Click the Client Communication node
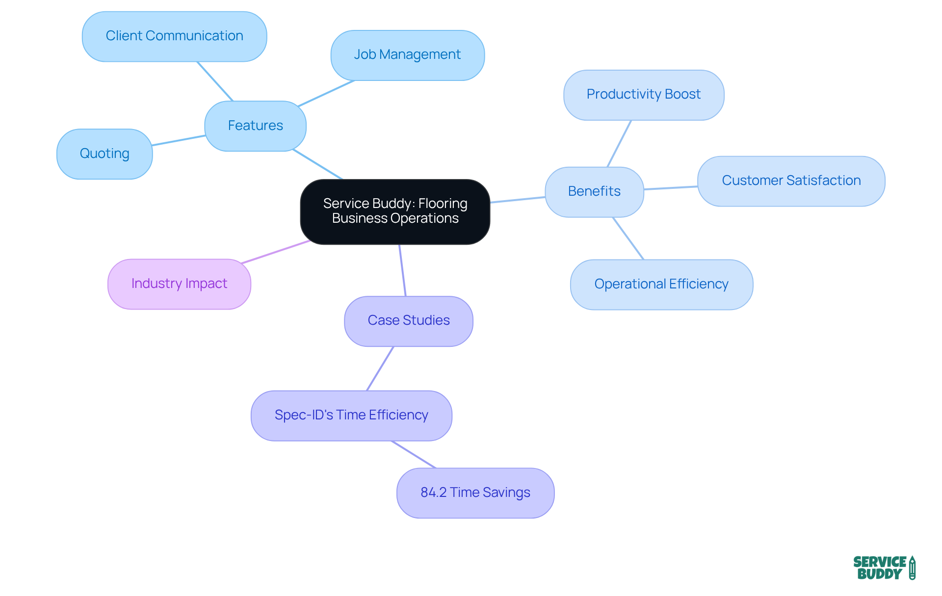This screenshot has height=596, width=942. (x=174, y=36)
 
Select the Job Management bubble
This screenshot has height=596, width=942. (x=407, y=55)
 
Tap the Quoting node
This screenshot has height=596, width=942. (x=105, y=154)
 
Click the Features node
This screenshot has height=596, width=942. (x=255, y=126)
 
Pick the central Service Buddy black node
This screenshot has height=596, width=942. (x=395, y=211)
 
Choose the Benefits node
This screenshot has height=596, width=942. (x=594, y=192)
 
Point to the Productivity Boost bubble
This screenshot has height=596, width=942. (x=644, y=95)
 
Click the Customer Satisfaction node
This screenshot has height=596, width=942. (x=791, y=181)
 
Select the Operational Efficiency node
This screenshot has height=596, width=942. (x=661, y=285)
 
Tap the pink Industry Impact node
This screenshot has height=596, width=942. (x=179, y=284)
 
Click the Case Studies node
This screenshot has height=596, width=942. (x=409, y=321)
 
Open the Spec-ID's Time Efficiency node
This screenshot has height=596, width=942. (x=351, y=415)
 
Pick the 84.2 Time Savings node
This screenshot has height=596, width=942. (x=475, y=492)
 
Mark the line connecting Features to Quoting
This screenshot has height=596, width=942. (x=179, y=140)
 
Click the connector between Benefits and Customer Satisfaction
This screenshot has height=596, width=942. (x=671, y=188)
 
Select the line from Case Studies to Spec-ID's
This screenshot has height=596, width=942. (x=380, y=368)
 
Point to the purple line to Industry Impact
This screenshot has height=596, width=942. (x=276, y=252)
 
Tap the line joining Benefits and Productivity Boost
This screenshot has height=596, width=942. (x=619, y=144)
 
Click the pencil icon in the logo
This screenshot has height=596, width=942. (x=912, y=568)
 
